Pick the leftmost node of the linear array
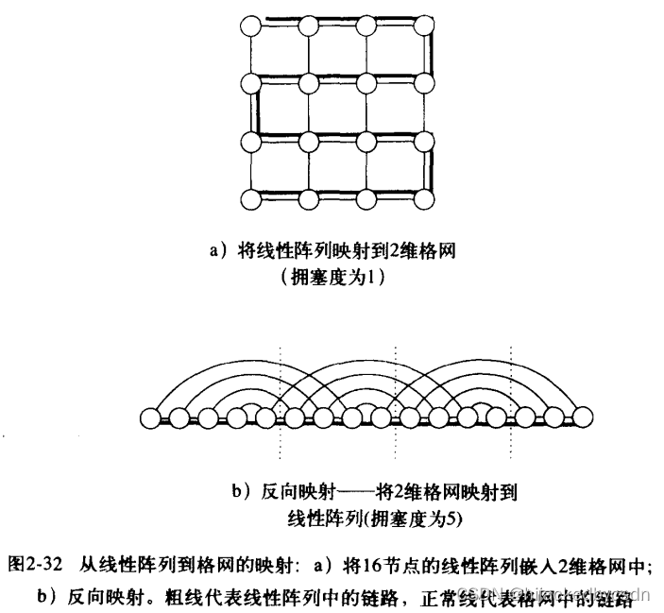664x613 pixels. (x=148, y=416)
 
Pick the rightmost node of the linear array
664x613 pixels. (x=583, y=416)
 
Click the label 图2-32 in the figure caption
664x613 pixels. (x=35, y=566)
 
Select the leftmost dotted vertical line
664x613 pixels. (x=281, y=397)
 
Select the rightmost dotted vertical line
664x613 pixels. (x=511, y=397)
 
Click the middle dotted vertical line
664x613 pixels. (x=394, y=397)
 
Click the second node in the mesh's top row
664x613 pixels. (x=309, y=25)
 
